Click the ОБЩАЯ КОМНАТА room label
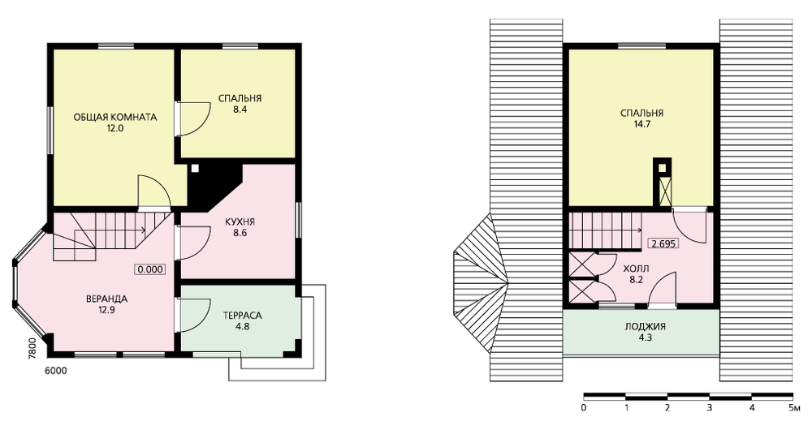coord(115,117)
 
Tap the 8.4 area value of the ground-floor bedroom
coord(240,110)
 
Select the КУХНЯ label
coord(240,222)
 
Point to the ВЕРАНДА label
coord(106,299)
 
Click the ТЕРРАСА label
coord(242,315)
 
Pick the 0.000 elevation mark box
coord(150,269)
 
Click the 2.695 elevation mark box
coord(664,243)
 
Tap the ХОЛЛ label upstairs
coord(636,269)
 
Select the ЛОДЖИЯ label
coord(646,326)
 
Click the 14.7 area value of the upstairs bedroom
coord(642,124)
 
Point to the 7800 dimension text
coord(32,347)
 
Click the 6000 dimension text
coord(56,371)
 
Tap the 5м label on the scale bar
coord(796,408)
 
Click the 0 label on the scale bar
coord(584,408)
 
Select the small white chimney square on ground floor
coord(195,168)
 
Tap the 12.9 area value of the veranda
coord(106,311)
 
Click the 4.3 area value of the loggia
coord(646,338)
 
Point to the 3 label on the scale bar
coord(710,408)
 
